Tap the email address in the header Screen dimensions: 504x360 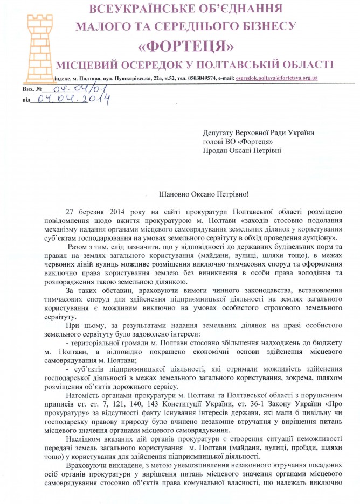tap(276, 78)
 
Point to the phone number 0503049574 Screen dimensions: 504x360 tap(201, 78)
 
